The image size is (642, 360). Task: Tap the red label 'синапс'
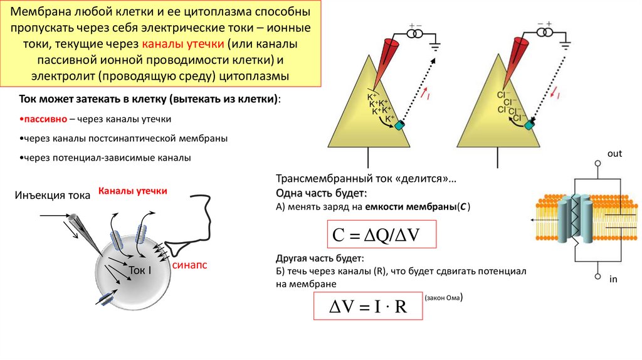189,265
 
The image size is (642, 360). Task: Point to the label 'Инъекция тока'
53,196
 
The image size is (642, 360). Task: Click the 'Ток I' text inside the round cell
140,270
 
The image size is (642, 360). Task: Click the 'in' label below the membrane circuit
613,278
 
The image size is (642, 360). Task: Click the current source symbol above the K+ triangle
414,34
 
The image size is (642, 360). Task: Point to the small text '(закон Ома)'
443,299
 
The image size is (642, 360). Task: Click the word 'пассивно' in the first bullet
43,119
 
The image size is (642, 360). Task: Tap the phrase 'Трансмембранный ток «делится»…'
366,178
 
